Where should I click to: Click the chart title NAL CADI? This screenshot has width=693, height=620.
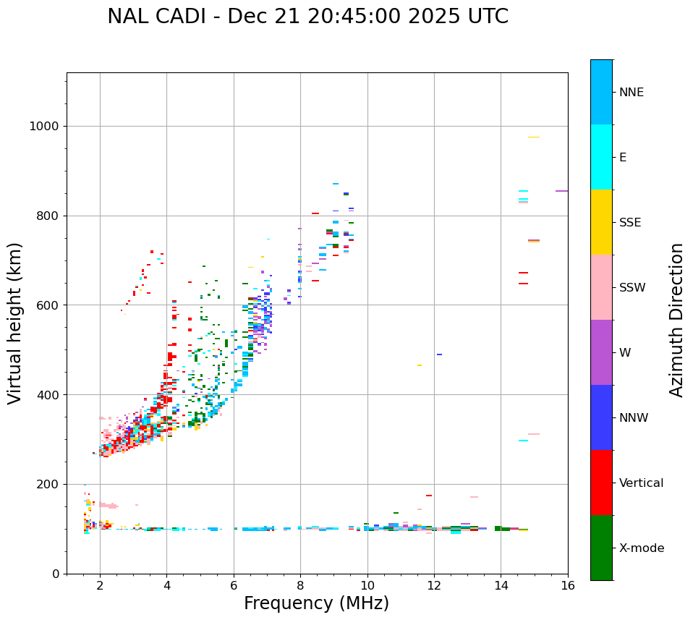pos(307,17)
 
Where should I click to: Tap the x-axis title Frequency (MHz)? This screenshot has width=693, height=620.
pos(316,603)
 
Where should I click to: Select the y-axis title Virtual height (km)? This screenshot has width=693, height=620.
pos(15,323)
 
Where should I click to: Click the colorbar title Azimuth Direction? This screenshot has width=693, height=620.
pos(676,320)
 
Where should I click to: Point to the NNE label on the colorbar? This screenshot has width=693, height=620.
pos(631,93)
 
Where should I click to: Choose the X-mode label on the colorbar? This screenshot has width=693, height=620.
pos(641,548)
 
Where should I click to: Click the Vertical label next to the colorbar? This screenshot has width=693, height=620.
pos(641,483)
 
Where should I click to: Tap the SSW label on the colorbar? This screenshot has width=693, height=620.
pos(632,288)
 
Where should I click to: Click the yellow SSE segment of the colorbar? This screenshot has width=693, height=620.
pos(601,222)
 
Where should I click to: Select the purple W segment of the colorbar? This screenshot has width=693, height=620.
pos(601,352)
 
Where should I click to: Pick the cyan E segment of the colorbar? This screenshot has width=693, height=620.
pos(601,157)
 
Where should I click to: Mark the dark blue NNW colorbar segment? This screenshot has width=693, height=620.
pos(601,417)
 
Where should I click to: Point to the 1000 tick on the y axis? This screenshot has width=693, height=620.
pos(43,127)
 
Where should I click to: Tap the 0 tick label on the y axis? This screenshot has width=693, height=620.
pos(55,574)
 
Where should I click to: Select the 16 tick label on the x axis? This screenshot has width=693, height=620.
pos(568,585)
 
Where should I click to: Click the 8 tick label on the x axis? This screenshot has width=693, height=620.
pos(300,585)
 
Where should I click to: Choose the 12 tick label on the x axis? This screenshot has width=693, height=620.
pos(434,585)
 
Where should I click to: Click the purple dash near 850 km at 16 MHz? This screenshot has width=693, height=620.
pos(561,191)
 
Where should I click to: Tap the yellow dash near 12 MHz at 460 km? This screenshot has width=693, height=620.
pos(420,365)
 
